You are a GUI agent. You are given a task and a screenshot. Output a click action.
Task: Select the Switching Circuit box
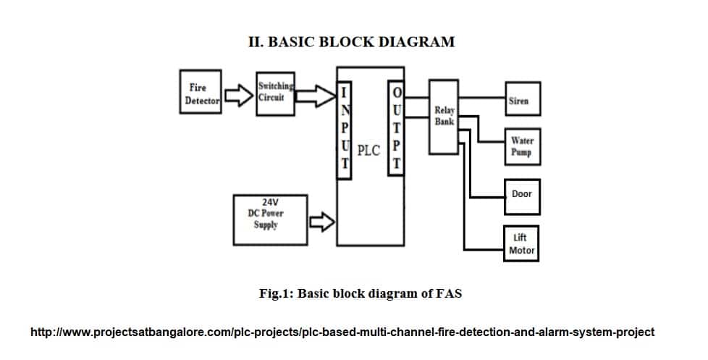tap(275, 93)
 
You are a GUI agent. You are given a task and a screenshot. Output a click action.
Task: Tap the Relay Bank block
tap(444, 117)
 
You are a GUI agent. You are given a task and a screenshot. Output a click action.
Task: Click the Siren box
tap(521, 101)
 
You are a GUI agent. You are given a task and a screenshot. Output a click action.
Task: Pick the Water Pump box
tap(521, 147)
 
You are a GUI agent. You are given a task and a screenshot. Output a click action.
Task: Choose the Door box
tap(521, 193)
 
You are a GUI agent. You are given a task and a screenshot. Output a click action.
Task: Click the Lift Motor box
tap(521, 243)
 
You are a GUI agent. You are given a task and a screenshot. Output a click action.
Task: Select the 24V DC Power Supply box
tap(269, 218)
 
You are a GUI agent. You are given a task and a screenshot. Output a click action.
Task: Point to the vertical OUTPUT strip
tap(396, 128)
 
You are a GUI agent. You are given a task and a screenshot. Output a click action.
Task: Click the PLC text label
tap(368, 151)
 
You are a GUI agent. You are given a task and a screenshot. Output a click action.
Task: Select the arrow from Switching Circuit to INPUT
tap(317, 96)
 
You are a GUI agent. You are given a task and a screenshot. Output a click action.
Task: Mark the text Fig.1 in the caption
tap(274, 294)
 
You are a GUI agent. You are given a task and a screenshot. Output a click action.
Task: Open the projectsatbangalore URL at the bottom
tap(342, 332)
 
